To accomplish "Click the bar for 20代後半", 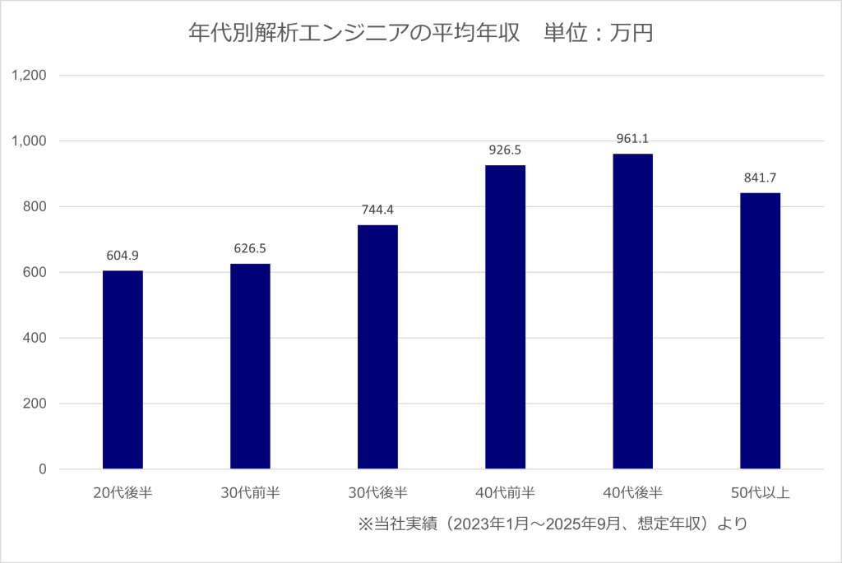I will coord(123,370).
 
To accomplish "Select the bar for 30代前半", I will coord(250,367).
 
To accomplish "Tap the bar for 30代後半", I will coord(377,347).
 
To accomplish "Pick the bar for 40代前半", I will coord(505,317).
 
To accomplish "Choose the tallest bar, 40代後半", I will coord(632,311).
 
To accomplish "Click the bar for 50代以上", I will coord(760,331).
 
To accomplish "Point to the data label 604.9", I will coord(123,255).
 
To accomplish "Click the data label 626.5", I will coord(250,248).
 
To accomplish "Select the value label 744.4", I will coord(377,210).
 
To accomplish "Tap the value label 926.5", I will coord(505,150).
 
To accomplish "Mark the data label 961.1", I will coord(632,139).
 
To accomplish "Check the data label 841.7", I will coord(760,178).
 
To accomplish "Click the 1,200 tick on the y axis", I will coord(29,76).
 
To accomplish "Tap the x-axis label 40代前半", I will coord(505,493).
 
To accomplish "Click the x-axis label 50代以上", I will coord(760,493).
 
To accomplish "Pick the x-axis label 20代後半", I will coord(123,493).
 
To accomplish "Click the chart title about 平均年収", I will coord(420,34).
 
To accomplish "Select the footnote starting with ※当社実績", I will coord(553,524).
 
